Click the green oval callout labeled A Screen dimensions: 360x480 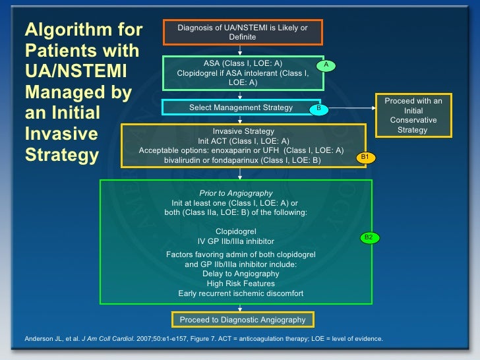click(x=325, y=65)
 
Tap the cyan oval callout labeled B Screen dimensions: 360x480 click(x=318, y=107)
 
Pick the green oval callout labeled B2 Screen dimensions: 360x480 click(x=369, y=237)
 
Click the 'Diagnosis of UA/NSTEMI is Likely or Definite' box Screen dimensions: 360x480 click(x=242, y=32)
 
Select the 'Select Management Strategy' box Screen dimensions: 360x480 click(x=242, y=107)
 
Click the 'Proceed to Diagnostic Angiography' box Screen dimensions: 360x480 click(x=243, y=320)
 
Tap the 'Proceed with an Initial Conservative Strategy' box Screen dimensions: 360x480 click(x=413, y=115)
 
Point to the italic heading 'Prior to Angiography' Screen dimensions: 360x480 click(x=236, y=193)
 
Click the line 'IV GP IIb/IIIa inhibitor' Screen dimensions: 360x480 click(x=236, y=241)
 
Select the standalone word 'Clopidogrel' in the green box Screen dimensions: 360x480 click(x=236, y=231)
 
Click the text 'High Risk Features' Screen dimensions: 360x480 click(x=236, y=284)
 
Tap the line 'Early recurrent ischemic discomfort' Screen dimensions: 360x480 click(x=236, y=293)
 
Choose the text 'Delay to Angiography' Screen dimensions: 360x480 click(x=236, y=274)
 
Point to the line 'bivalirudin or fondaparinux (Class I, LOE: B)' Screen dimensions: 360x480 click(x=243, y=160)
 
